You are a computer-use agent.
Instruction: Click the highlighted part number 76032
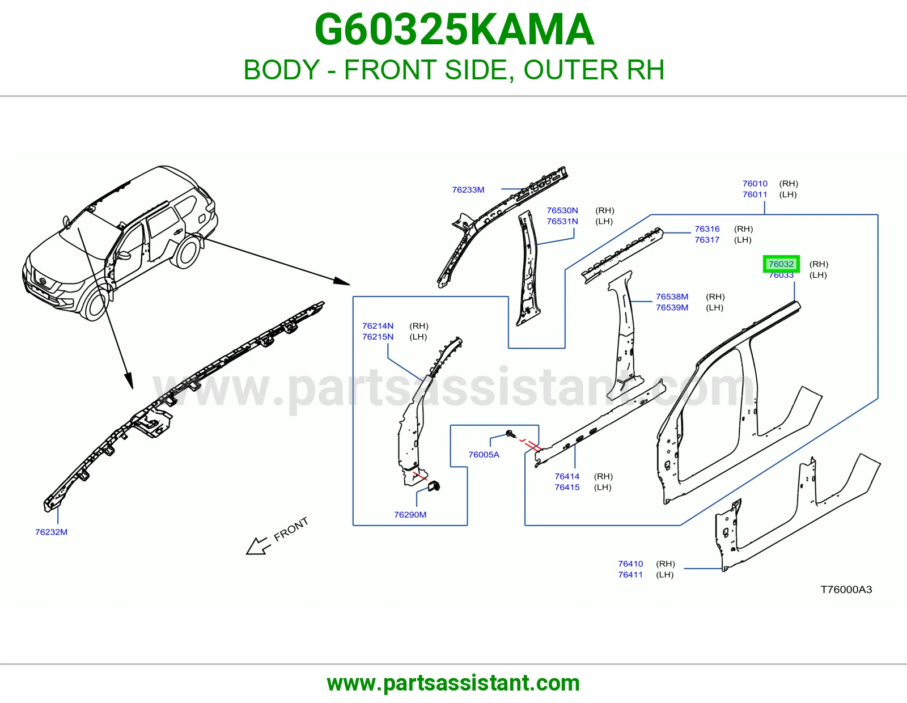(781, 264)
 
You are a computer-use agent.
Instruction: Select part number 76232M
(52, 532)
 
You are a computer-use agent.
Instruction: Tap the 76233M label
(468, 189)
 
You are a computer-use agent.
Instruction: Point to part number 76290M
(410, 514)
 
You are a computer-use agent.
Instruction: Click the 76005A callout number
(484, 454)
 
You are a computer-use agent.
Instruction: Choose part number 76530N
(562, 210)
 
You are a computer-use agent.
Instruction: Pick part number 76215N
(378, 336)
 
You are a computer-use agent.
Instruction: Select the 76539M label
(672, 307)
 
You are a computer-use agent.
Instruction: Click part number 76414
(567, 476)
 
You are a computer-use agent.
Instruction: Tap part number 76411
(630, 574)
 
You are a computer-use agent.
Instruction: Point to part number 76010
(755, 183)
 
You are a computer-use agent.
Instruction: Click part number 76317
(707, 240)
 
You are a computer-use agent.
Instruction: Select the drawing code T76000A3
(846, 589)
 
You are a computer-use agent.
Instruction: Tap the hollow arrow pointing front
(257, 545)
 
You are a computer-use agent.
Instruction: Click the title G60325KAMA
(454, 29)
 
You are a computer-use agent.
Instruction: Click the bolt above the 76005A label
(509, 433)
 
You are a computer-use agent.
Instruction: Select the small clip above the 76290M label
(434, 485)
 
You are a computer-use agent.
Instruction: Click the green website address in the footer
(453, 683)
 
